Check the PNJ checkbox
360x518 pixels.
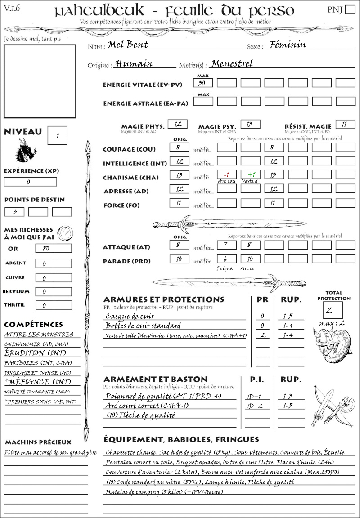click(x=349, y=9)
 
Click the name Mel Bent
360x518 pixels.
click(x=128, y=45)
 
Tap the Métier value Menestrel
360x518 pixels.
click(x=232, y=63)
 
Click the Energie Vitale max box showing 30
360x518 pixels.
click(x=203, y=83)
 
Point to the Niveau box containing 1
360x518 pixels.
click(x=58, y=135)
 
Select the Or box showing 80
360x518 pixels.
click(x=53, y=248)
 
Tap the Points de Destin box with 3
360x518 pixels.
click(x=14, y=212)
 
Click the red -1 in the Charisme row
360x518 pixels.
click(x=227, y=174)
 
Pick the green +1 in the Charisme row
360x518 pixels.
click(x=250, y=174)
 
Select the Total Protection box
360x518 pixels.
click(x=333, y=309)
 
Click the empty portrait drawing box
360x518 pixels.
click(x=40, y=81)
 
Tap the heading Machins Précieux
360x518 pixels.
click(x=38, y=442)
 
